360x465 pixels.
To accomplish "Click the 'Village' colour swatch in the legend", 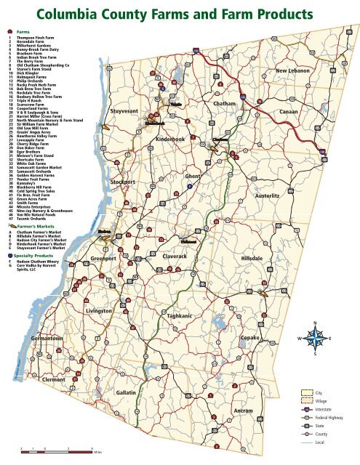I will (308, 400).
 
